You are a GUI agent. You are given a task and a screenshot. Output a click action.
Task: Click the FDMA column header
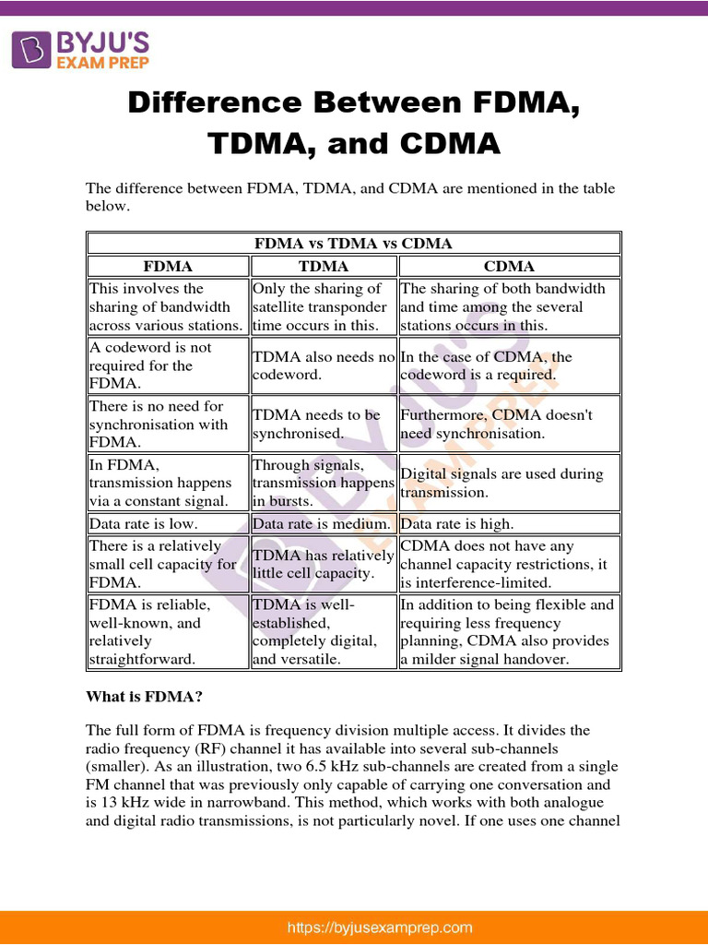[168, 266]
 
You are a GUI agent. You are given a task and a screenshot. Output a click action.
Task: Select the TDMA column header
[323, 266]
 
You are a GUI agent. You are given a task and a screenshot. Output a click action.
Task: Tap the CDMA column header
[509, 266]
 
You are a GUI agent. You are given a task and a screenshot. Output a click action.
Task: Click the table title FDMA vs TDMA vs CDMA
[353, 244]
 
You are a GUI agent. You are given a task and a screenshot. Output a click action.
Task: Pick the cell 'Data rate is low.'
[168, 523]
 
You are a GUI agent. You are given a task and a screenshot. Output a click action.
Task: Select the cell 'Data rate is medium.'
[323, 523]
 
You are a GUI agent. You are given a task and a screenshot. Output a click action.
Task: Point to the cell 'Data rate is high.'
[509, 523]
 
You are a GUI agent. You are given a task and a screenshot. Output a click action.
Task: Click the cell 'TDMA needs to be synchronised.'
[323, 425]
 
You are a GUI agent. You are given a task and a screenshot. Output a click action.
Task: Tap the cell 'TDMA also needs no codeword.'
[323, 365]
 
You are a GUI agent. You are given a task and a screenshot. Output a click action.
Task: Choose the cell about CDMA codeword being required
[509, 365]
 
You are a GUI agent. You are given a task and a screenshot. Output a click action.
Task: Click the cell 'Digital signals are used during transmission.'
[509, 483]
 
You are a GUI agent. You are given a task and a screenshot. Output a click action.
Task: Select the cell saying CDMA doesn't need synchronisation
[509, 425]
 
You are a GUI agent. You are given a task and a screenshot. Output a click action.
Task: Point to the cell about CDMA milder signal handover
[509, 631]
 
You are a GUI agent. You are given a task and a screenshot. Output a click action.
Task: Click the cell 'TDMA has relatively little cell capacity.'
[323, 564]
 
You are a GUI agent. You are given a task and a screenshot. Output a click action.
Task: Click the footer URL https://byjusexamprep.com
[380, 927]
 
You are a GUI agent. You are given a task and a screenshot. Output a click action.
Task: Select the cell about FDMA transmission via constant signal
[168, 483]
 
